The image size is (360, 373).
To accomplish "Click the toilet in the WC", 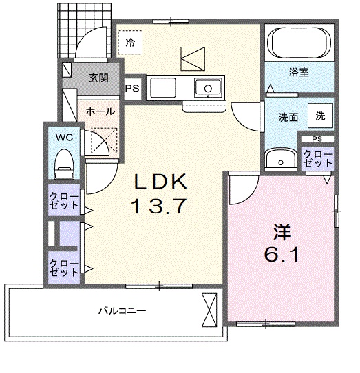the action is tap(64, 164).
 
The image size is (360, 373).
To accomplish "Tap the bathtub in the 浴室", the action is tap(299, 43).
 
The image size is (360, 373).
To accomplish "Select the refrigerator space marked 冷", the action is tap(130, 43).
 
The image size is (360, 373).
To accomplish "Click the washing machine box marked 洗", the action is tap(320, 116).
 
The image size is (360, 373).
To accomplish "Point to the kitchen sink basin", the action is tap(208, 87).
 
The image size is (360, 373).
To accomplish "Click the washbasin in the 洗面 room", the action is tap(281, 159).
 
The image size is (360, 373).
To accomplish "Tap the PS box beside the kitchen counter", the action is tap(132, 89).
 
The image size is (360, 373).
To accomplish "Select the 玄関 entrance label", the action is tap(98, 78).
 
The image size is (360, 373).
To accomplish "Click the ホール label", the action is tap(100, 111).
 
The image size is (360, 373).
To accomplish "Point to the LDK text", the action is tap(160, 182).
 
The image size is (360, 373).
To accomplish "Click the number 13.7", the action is tap(159, 206).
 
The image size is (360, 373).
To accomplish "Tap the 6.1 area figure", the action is tap(281, 255).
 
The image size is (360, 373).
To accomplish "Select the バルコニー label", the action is tap(122, 310).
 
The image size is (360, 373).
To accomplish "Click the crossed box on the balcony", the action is tap(209, 310).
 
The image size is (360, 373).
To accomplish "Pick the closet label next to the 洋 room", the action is tap(318, 158).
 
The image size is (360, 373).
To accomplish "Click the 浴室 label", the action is tap(299, 72).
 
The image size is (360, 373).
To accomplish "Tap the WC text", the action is tap(64, 137).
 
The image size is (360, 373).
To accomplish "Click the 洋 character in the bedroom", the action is tap(282, 232).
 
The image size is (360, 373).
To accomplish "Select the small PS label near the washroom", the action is tap(317, 139).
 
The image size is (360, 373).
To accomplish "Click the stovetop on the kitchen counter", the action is tap(163, 87).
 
